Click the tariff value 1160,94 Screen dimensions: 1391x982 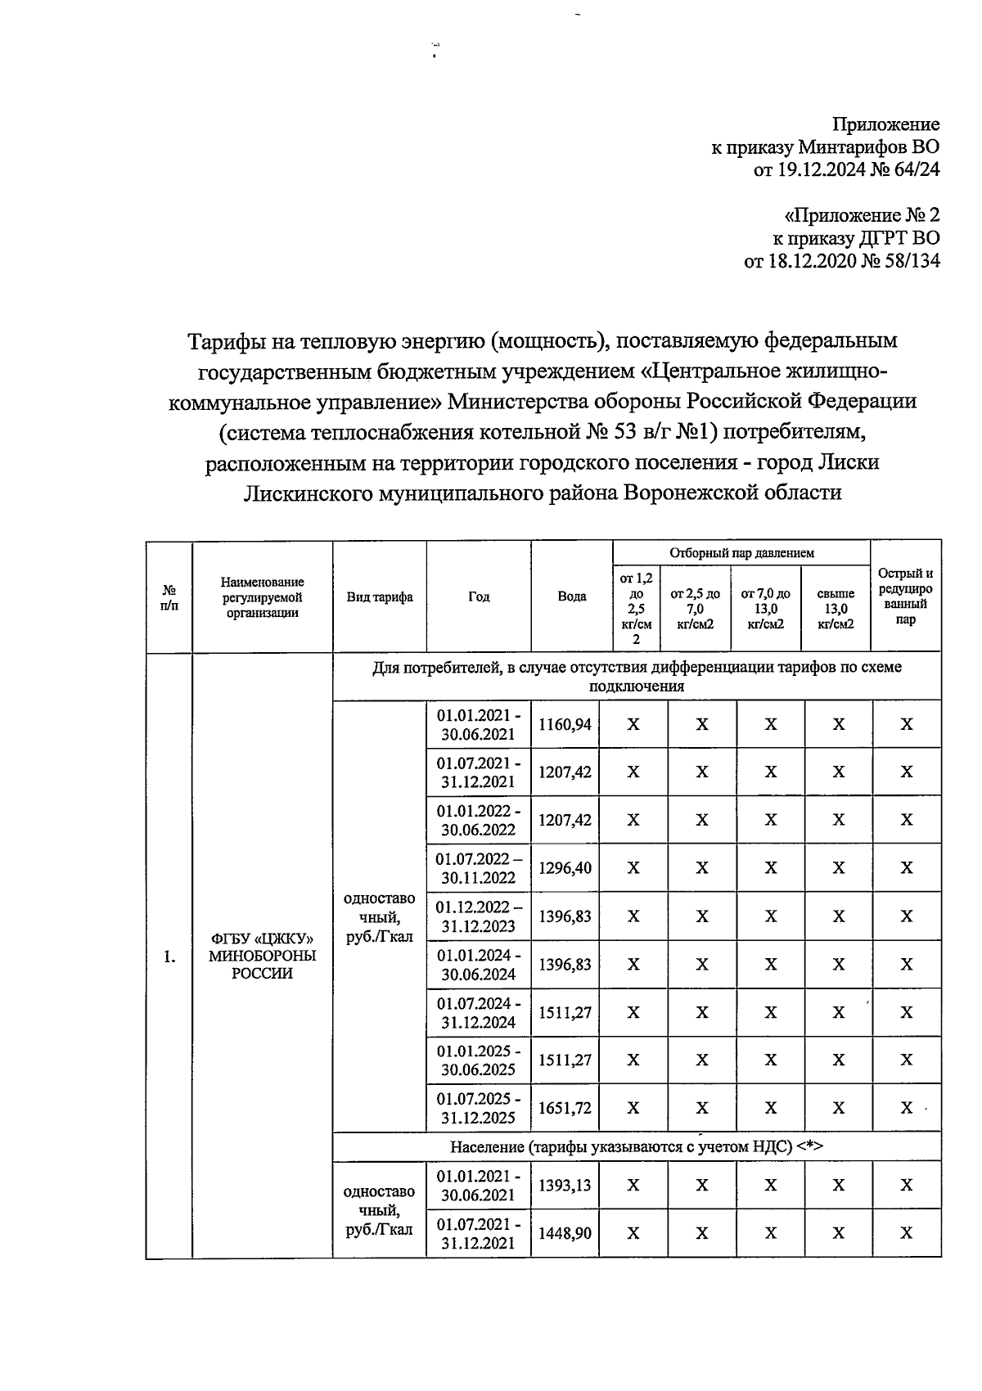coord(565,724)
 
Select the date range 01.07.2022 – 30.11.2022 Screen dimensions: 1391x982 coord(479,868)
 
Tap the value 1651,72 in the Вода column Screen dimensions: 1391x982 coord(565,1108)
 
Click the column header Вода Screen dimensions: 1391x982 coord(571,596)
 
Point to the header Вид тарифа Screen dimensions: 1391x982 coord(379,596)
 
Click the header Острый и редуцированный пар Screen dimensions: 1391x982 coord(905,596)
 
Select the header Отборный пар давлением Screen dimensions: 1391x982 coord(741,553)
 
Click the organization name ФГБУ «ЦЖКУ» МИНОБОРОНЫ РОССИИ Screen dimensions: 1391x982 coord(262,956)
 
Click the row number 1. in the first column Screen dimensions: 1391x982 coord(169,957)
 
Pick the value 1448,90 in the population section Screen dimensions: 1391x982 coord(565,1232)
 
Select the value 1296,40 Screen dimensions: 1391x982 coord(565,867)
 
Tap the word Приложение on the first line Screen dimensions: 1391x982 coord(885,124)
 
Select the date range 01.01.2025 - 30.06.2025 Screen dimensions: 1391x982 coord(479,1060)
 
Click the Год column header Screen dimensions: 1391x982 coord(479,596)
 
